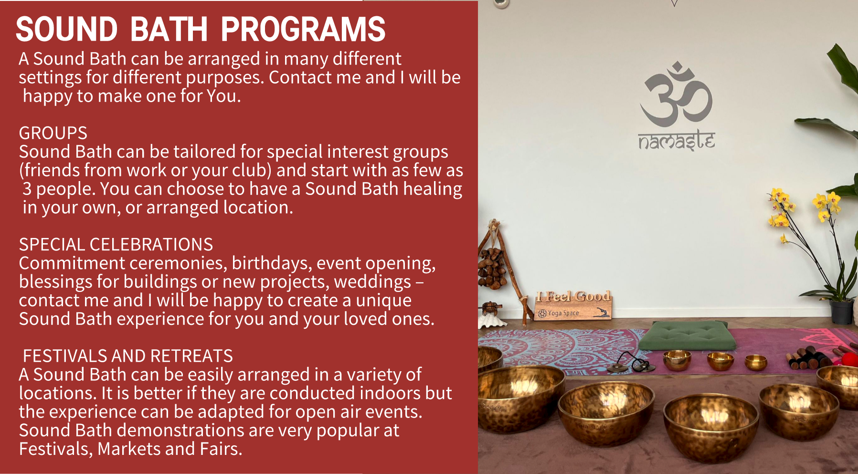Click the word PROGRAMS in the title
pyautogui.click(x=303, y=29)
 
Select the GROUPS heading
pyautogui.click(x=53, y=133)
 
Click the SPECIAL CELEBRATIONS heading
pyautogui.click(x=116, y=245)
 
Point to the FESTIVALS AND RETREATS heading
pyautogui.click(x=128, y=356)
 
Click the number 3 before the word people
pyautogui.click(x=27, y=189)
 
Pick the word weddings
pyautogui.click(x=373, y=282)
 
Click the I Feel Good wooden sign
pyautogui.click(x=573, y=305)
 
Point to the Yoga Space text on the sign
pyautogui.click(x=563, y=313)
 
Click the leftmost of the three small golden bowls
pyautogui.click(x=677, y=360)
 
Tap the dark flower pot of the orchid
pyautogui.click(x=841, y=312)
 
